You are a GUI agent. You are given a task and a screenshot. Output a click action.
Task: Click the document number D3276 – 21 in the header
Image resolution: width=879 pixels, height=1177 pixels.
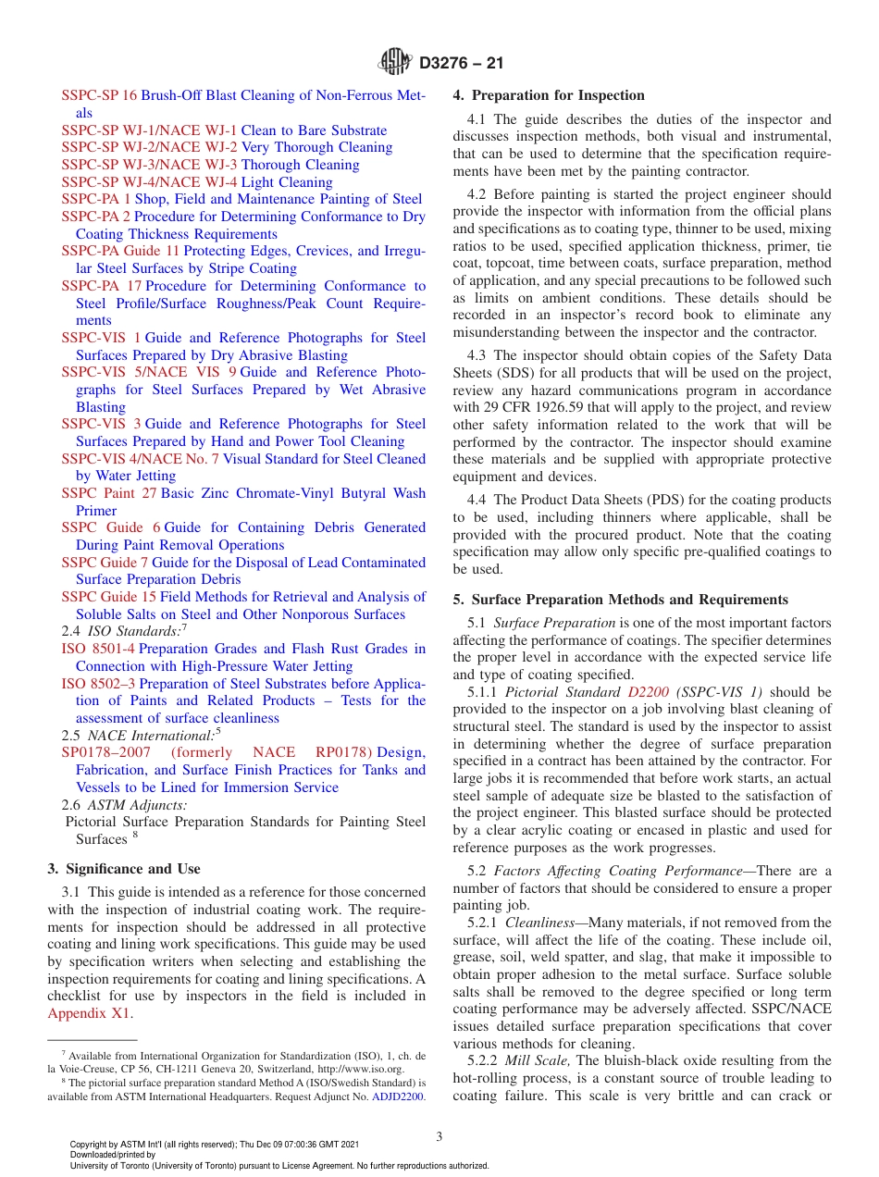(461, 64)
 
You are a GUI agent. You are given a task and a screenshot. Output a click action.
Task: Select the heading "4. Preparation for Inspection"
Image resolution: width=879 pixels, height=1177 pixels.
(549, 95)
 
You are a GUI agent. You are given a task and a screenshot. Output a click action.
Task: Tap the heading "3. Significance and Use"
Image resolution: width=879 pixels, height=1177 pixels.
(123, 869)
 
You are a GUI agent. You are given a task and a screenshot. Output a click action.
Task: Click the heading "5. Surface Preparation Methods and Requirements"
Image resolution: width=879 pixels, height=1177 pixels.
(620, 600)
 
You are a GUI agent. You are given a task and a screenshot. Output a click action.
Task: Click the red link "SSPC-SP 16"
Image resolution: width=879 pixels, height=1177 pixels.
(99, 95)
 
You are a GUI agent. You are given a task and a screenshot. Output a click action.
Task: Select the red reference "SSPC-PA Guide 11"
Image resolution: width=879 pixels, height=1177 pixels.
(120, 251)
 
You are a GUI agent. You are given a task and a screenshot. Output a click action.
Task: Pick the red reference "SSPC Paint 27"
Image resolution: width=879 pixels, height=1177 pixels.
(109, 493)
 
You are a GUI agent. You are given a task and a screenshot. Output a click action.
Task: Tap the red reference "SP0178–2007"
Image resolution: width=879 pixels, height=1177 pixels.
(105, 752)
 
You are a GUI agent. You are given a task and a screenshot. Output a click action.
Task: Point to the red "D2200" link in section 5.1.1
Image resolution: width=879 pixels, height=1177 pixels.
(648, 692)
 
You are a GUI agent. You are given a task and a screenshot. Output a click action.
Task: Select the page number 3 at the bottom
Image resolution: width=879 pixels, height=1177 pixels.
(439, 1136)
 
